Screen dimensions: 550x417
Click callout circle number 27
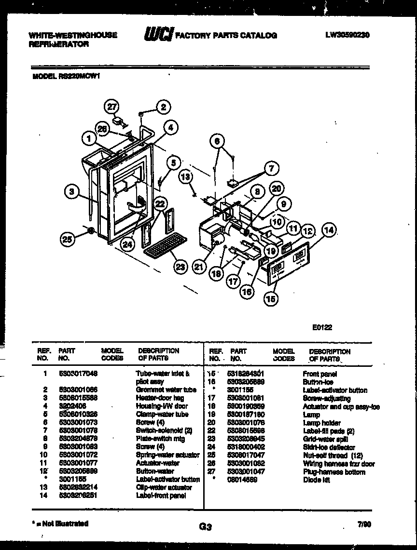tap(112, 107)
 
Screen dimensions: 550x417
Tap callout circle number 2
tap(164, 107)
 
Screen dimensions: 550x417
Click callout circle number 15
tap(271, 299)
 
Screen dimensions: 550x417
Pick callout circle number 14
tap(329, 230)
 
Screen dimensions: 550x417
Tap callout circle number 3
tap(72, 192)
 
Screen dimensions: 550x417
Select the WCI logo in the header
tap(158, 35)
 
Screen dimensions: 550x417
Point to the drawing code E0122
tap(322, 327)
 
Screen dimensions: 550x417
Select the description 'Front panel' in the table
tap(320, 374)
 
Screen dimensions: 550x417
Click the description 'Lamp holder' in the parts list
tap(321, 423)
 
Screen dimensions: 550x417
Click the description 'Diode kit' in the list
tap(316, 480)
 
